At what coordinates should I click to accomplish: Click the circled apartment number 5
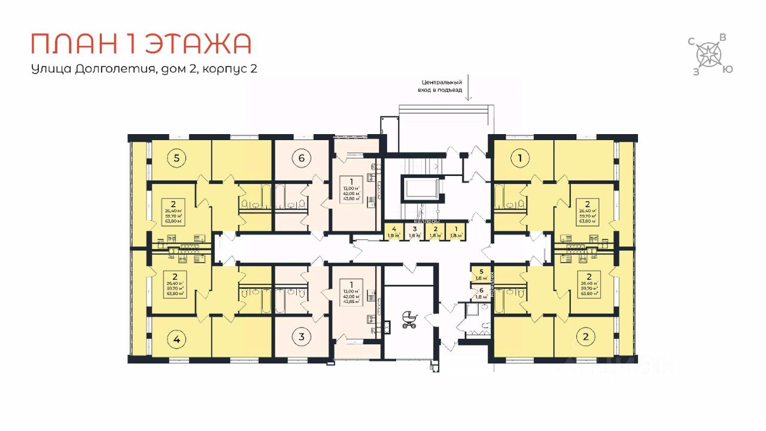(177, 159)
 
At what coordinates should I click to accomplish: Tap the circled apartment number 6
(302, 159)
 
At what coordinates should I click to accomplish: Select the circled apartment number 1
(521, 159)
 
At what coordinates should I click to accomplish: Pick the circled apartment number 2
(586, 336)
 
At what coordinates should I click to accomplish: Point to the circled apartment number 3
(302, 336)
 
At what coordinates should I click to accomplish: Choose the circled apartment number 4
(177, 339)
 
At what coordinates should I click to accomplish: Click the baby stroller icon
(409, 319)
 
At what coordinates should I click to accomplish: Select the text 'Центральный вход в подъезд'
(442, 86)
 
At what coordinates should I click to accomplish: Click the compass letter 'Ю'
(725, 69)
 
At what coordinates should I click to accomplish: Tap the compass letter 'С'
(691, 41)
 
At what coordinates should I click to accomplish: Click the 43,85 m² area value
(351, 301)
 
